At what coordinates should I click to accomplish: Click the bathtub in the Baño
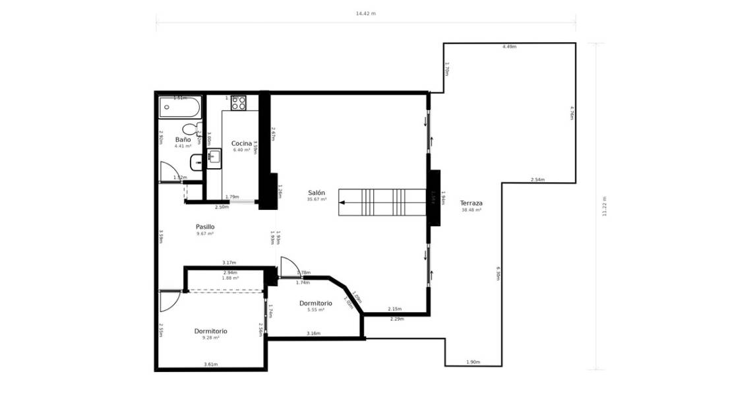180,107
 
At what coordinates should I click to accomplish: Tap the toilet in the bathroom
191,129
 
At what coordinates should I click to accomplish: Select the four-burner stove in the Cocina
238,104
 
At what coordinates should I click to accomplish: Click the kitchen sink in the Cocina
214,157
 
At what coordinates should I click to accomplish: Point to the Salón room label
317,193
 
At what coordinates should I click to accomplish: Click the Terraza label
471,203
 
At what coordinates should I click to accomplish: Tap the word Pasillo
205,227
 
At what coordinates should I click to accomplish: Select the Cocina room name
241,143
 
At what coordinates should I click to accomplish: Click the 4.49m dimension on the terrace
509,47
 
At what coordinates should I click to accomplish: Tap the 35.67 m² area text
317,199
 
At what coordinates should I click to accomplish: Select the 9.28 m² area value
211,338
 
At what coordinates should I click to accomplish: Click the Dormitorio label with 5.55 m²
315,303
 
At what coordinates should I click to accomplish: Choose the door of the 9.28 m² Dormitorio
169,301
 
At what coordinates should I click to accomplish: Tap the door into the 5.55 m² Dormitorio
288,267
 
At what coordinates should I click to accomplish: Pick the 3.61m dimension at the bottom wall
211,364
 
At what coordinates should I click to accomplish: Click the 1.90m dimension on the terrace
473,362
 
